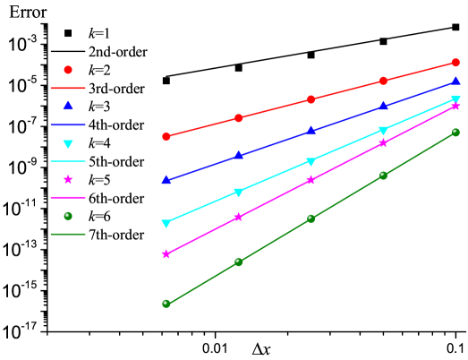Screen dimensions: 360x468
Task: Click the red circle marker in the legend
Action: pyautogui.click(x=68, y=70)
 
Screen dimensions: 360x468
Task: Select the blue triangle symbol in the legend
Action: pyautogui.click(x=68, y=106)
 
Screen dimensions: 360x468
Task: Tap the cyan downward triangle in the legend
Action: pyautogui.click(x=68, y=143)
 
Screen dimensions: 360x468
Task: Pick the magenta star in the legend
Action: pyautogui.click(x=68, y=179)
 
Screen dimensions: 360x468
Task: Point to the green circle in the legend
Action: pyautogui.click(x=68, y=216)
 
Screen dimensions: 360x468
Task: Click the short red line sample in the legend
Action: pyautogui.click(x=68, y=88)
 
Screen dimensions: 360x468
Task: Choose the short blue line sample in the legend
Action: pyautogui.click(x=68, y=124)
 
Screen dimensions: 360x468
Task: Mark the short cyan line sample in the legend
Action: pyautogui.click(x=68, y=161)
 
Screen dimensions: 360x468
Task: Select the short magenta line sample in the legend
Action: pyautogui.click(x=68, y=197)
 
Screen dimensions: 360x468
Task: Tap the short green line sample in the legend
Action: pyautogui.click(x=68, y=235)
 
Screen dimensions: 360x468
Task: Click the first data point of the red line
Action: pyautogui.click(x=166, y=136)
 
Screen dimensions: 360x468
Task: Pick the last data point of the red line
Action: pyautogui.click(x=455, y=63)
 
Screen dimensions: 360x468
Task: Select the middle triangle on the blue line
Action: pyautogui.click(x=311, y=131)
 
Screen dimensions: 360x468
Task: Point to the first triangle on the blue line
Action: pyautogui.click(x=166, y=179)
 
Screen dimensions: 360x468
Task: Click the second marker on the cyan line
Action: pyautogui.click(x=238, y=193)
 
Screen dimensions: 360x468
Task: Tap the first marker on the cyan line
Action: pyautogui.click(x=166, y=224)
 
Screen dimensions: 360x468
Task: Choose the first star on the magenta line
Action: pyautogui.click(x=166, y=254)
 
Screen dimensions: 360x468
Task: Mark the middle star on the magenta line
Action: pyautogui.click(x=311, y=180)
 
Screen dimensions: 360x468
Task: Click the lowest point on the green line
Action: pyautogui.click(x=166, y=304)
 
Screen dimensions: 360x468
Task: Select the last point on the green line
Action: pyautogui.click(x=455, y=133)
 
